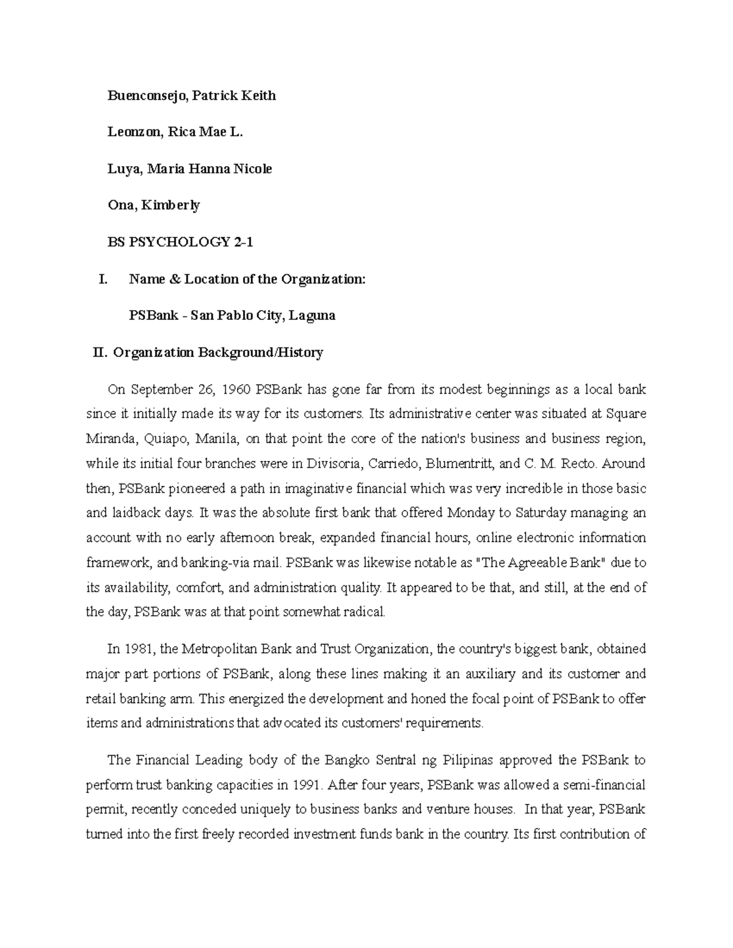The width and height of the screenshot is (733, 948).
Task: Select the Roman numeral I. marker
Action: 103,280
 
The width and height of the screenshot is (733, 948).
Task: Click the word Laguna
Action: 312,316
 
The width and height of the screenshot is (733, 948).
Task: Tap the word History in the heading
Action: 300,353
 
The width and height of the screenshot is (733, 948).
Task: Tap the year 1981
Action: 140,649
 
